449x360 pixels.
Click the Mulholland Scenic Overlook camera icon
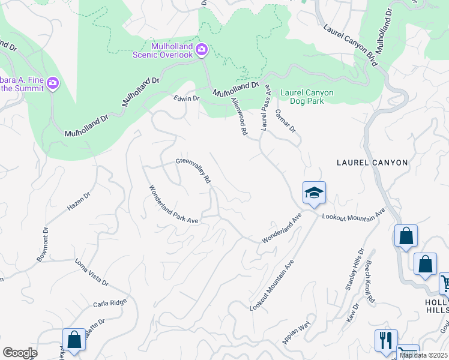202,49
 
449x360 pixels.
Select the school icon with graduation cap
313,193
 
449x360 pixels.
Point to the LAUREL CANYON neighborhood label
372,163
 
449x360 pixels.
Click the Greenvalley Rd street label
194,170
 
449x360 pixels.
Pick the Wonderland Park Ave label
173,205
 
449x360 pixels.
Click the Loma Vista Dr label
91,272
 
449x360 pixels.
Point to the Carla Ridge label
110,303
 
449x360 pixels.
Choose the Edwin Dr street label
186,98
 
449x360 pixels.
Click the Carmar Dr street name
286,120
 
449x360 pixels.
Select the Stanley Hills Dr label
354,270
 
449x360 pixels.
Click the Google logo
19,353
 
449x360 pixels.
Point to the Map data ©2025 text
423,355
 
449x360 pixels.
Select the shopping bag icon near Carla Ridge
74,339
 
